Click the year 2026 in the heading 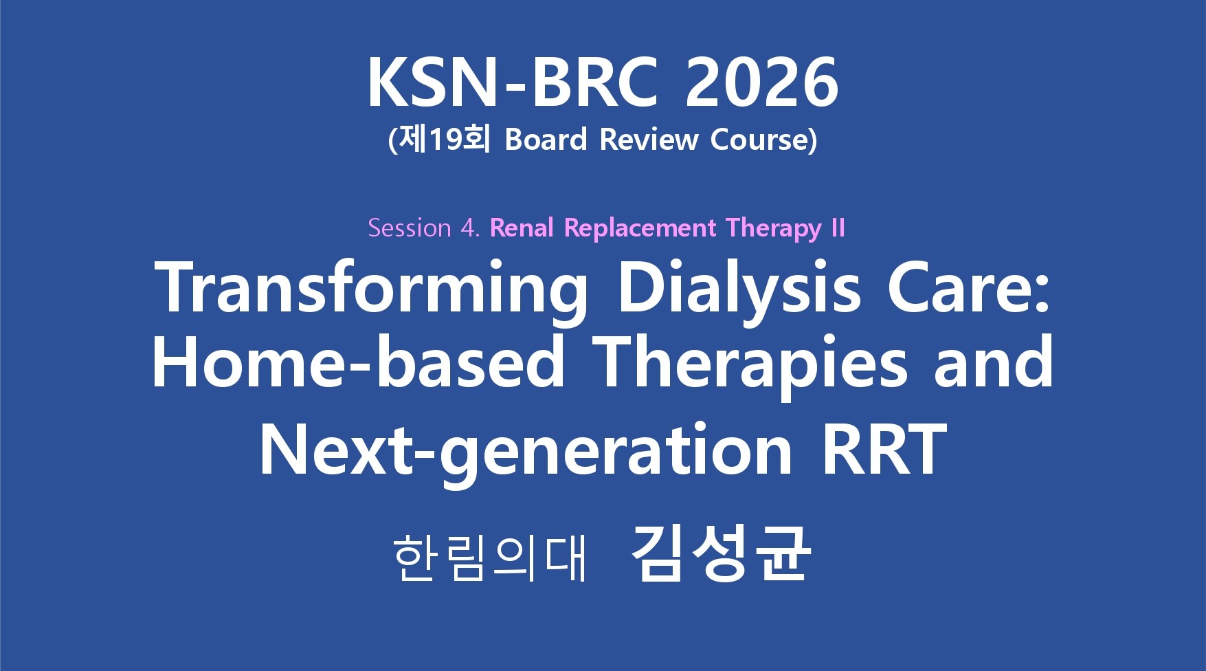click(x=761, y=82)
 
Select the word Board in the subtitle click(x=546, y=140)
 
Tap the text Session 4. click(x=423, y=228)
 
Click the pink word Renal click(x=522, y=228)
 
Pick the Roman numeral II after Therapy click(x=838, y=228)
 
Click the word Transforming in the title click(x=372, y=288)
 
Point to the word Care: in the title click(x=969, y=288)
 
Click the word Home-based click(x=358, y=361)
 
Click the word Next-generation click(x=526, y=450)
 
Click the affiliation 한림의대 click(x=490, y=558)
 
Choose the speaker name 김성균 click(x=721, y=554)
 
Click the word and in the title click(x=994, y=361)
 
